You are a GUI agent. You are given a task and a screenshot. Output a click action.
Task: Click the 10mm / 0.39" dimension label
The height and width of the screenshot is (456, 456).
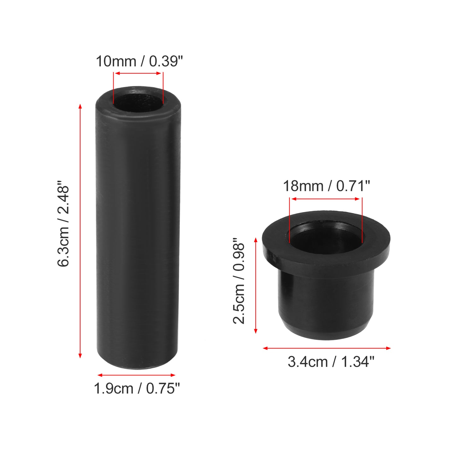(139, 62)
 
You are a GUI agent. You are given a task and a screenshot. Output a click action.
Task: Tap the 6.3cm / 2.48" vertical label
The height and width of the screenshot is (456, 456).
(63, 224)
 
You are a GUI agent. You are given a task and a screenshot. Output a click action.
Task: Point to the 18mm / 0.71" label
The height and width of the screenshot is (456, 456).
(327, 186)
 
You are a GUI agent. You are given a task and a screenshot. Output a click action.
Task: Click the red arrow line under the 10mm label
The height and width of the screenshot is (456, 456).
(138, 73)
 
